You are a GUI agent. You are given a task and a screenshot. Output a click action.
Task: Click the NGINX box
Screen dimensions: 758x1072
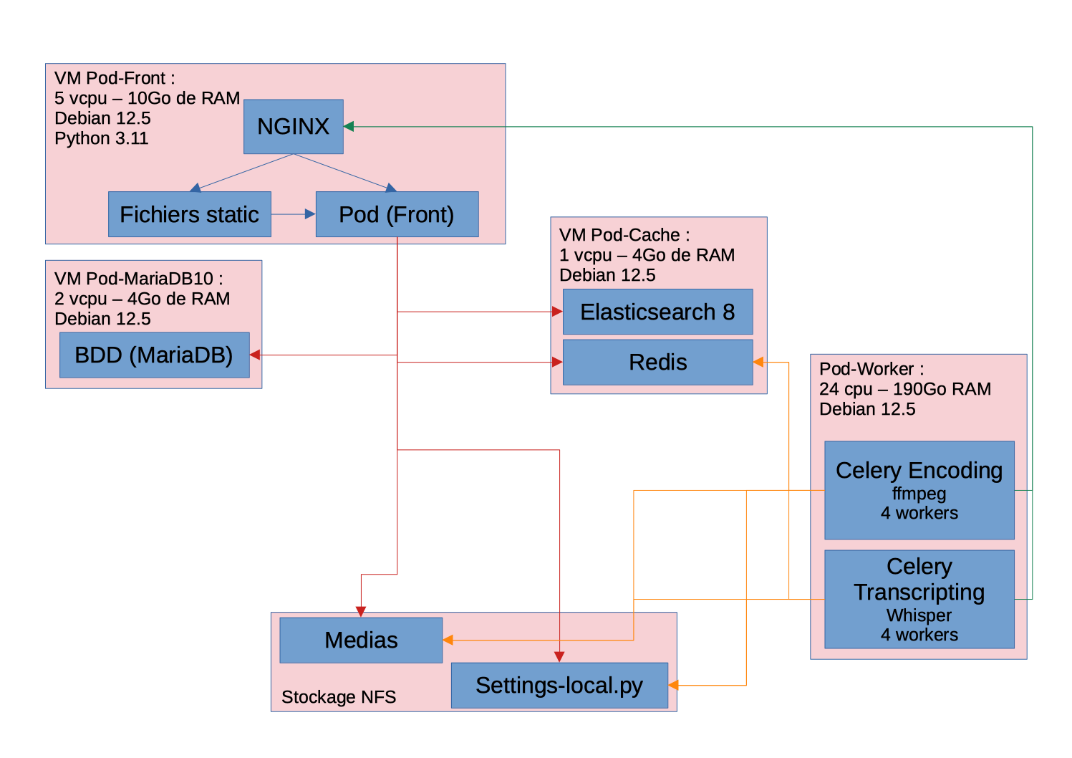click(293, 127)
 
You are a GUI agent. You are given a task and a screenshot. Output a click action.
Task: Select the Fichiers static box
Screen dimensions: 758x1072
click(189, 214)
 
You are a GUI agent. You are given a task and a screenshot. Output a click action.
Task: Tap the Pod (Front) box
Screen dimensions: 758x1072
click(397, 214)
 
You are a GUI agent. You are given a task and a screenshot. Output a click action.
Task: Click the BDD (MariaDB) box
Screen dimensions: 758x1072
click(154, 355)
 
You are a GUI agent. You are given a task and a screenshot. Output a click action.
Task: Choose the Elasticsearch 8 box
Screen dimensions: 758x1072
click(657, 312)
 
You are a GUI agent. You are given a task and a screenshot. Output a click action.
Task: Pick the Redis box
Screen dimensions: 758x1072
click(657, 363)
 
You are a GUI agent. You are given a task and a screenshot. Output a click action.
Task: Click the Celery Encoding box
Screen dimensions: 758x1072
click(919, 490)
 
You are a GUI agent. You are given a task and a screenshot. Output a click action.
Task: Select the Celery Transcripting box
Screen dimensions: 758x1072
click(919, 599)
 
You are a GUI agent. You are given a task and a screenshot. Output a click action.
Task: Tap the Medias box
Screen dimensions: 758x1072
click(361, 640)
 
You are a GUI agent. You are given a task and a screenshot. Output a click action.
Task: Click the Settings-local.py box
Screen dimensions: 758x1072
click(559, 686)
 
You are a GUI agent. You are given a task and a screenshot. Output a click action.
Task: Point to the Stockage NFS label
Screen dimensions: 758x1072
click(339, 697)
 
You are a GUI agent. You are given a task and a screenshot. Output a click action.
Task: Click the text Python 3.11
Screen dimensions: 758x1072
click(102, 138)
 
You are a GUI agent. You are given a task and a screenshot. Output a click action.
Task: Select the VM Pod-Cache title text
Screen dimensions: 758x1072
click(624, 235)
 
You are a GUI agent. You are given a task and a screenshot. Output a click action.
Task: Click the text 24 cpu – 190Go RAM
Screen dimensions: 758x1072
click(905, 389)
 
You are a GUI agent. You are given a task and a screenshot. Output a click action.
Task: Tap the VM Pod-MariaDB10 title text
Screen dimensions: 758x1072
click(139, 279)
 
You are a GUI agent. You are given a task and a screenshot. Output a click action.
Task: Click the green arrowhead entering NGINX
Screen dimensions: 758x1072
click(349, 127)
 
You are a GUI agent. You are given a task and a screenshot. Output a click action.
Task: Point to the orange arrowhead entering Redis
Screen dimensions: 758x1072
click(758, 363)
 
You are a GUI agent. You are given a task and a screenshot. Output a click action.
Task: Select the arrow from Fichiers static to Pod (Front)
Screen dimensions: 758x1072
click(293, 214)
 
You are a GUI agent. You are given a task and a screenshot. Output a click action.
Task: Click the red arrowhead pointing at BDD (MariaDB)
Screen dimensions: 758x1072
click(255, 355)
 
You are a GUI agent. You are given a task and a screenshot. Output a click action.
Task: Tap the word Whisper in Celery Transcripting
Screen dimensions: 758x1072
click(919, 615)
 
